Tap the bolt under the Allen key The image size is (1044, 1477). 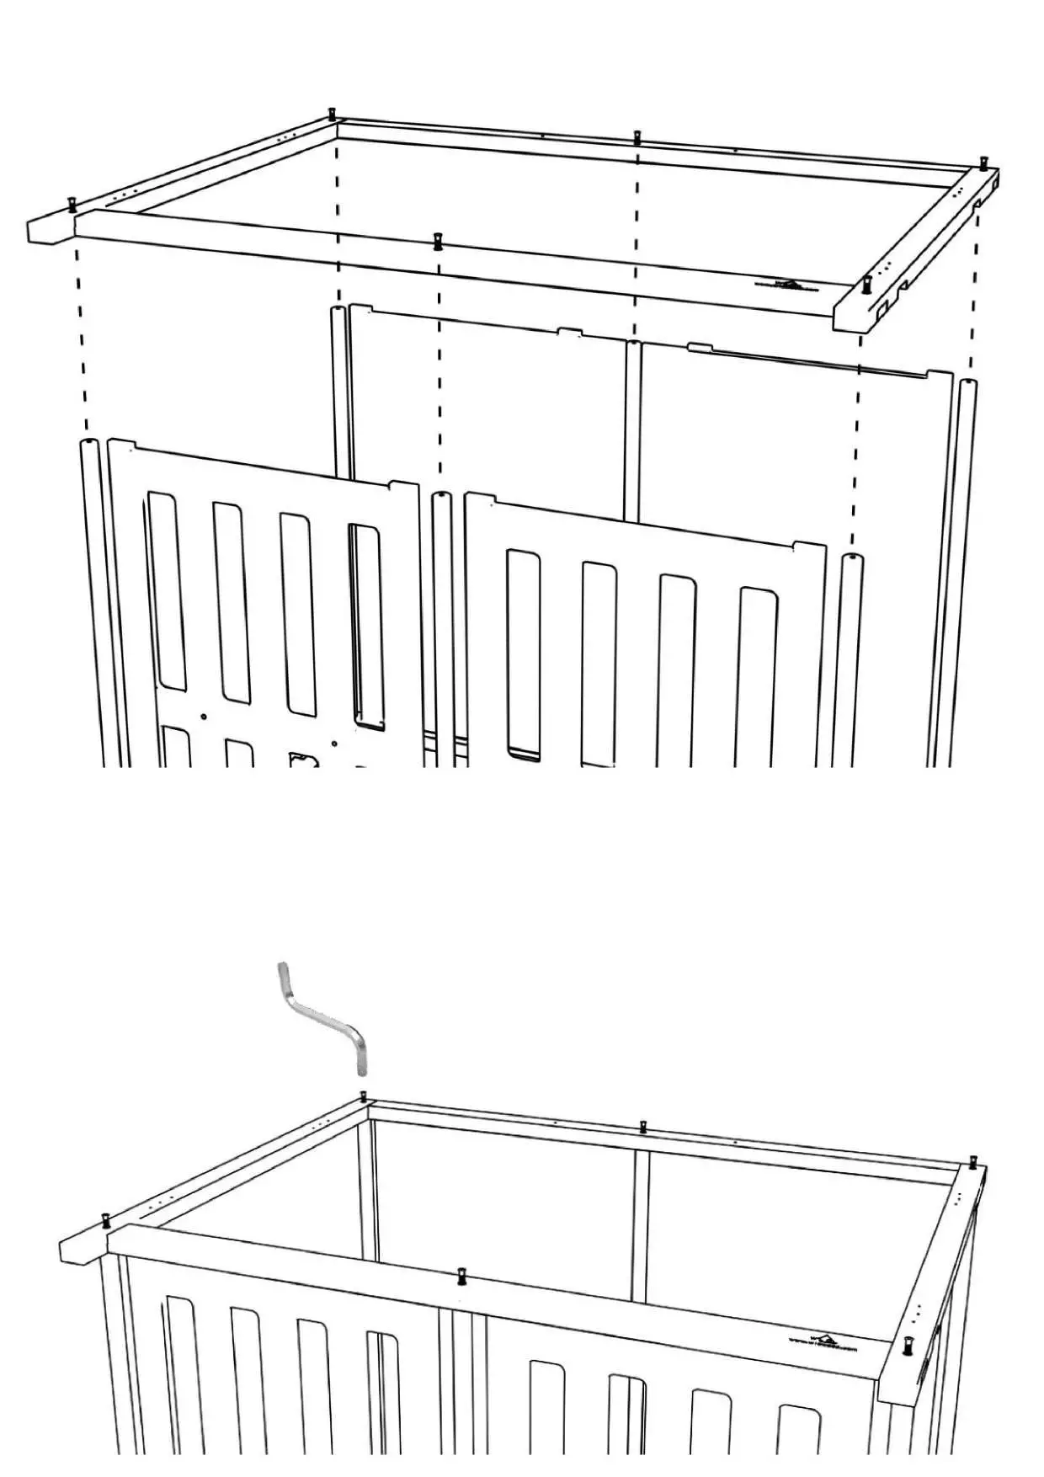[363, 1096]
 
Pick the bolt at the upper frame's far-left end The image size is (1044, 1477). [72, 203]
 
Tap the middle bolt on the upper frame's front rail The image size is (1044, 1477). [437, 241]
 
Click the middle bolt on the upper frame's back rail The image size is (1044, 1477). [637, 137]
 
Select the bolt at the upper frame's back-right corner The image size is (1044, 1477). [983, 162]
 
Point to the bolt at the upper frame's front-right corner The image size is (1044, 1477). [866, 283]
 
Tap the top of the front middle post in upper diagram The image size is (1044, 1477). [440, 496]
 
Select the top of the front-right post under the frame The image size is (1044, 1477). [851, 557]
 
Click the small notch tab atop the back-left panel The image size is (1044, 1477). [570, 333]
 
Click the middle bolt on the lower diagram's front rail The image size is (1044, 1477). [461, 1277]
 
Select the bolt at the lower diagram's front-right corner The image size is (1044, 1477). [908, 1344]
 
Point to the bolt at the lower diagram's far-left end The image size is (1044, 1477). [107, 1220]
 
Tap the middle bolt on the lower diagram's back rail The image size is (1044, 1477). [643, 1127]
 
